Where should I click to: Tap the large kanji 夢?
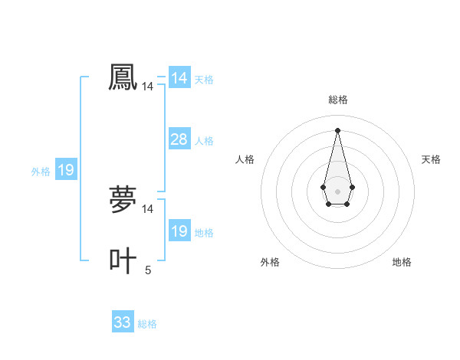123,200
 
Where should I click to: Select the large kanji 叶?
123,260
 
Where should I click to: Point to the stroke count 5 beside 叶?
148,270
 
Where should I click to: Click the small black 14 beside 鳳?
147,87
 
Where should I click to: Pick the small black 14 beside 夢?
147,209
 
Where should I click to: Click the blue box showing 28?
179,139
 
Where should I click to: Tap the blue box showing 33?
123,322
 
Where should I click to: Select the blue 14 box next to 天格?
179,78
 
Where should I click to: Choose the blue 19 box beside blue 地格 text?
179,231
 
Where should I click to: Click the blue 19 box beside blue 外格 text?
66,170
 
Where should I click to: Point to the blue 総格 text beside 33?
147,324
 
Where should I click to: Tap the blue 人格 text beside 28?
204,141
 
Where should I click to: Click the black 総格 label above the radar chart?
337,100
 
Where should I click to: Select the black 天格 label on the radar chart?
431,159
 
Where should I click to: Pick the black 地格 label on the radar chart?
402,262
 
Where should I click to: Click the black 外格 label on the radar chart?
270,262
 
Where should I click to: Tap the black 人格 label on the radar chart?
245,159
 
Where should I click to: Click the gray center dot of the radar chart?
337,190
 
